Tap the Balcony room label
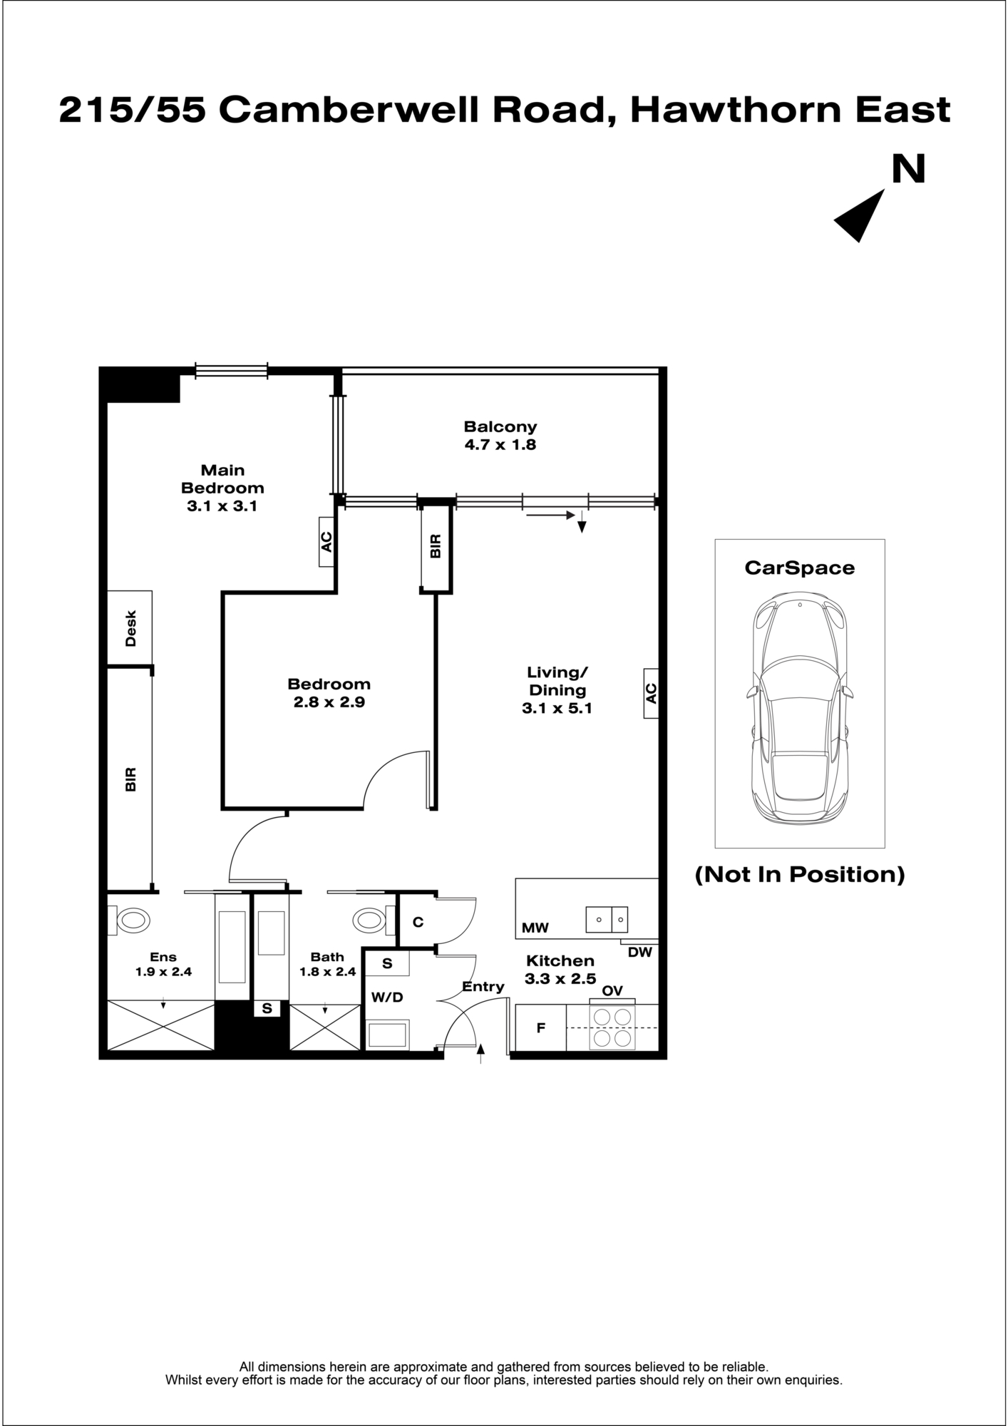[500, 427]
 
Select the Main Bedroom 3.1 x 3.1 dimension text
[222, 506]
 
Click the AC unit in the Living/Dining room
[651, 693]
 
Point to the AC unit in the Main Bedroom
[326, 542]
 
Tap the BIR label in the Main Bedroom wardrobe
[130, 779]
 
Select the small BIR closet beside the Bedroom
[436, 546]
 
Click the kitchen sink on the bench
[607, 920]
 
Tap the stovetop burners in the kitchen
[612, 1027]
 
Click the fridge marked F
[540, 1027]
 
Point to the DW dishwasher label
[640, 952]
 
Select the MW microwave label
[535, 928]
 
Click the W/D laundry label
[387, 997]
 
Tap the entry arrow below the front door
[480, 1053]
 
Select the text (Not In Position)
[800, 874]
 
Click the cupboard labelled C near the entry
[418, 921]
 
